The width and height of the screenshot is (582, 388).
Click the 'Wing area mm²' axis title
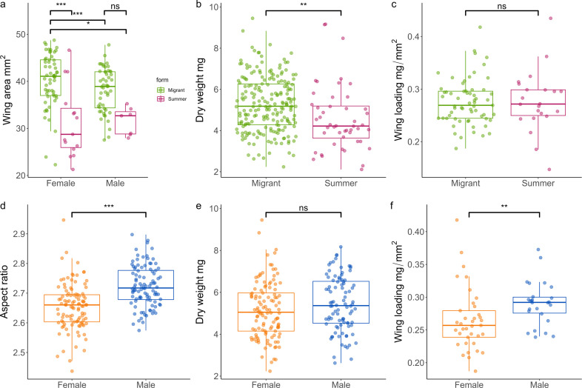(10, 95)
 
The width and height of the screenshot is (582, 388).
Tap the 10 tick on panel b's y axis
(214, 7)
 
